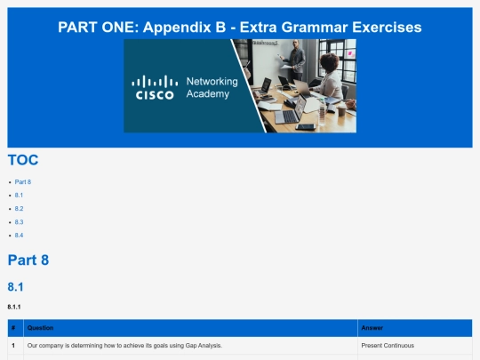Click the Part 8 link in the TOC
pyautogui.click(x=22, y=182)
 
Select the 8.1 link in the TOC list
pyautogui.click(x=19, y=195)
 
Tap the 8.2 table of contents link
pyautogui.click(x=19, y=209)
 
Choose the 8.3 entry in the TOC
pyautogui.click(x=19, y=222)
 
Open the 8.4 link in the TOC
pyautogui.click(x=19, y=235)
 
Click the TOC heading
pyautogui.click(x=23, y=160)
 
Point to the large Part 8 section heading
pyautogui.click(x=28, y=260)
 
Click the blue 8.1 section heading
pyautogui.click(x=15, y=287)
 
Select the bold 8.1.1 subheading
pyautogui.click(x=14, y=307)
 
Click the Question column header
pyautogui.click(x=40, y=328)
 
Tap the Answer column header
pyautogui.click(x=372, y=328)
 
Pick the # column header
pyautogui.click(x=13, y=328)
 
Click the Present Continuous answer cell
pyautogui.click(x=388, y=345)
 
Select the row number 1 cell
pyautogui.click(x=13, y=345)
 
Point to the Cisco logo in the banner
pyautogui.click(x=155, y=87)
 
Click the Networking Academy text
pyautogui.click(x=212, y=87)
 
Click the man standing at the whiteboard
pyautogui.click(x=294, y=60)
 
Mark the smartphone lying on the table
pyautogui.click(x=306, y=127)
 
